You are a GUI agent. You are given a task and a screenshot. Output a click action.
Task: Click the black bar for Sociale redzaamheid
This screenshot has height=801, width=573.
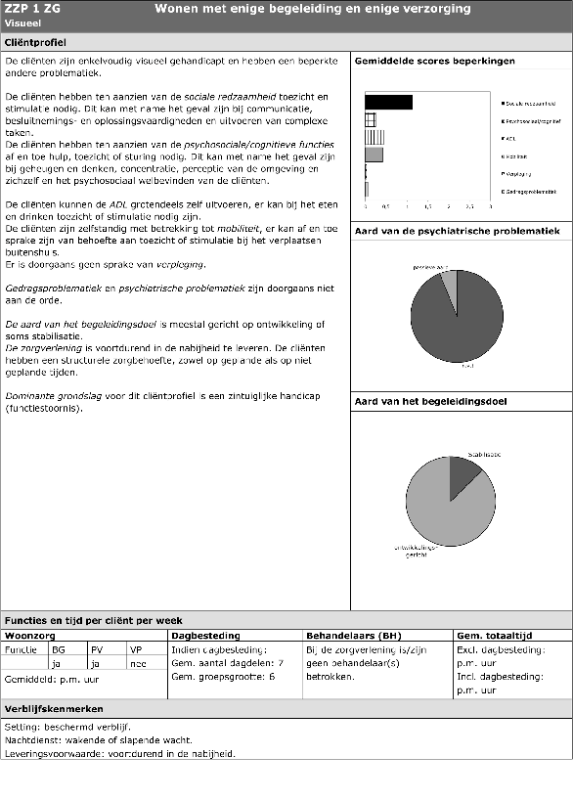pyautogui.click(x=388, y=102)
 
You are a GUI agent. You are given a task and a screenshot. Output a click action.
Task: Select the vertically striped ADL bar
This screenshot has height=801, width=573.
pyautogui.click(x=374, y=137)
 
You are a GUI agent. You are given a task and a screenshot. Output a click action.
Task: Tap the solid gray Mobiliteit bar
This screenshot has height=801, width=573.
pyautogui.click(x=374, y=155)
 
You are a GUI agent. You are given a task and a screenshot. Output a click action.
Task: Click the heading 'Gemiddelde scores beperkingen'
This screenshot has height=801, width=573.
pyautogui.click(x=434, y=61)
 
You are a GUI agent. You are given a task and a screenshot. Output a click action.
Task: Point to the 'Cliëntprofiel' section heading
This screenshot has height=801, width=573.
pyautogui.click(x=34, y=44)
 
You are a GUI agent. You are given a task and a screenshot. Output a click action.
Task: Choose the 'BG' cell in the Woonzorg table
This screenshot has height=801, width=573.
pyautogui.click(x=59, y=648)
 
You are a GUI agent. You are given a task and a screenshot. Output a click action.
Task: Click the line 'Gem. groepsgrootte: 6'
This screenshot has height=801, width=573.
pyautogui.click(x=223, y=676)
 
